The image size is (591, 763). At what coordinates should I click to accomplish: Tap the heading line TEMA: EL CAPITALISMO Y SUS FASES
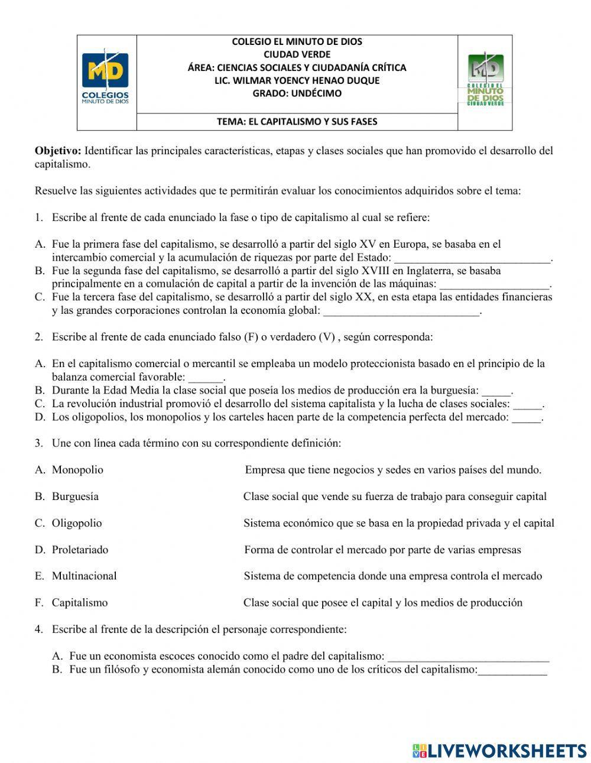297,122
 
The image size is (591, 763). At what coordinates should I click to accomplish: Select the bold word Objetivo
58,151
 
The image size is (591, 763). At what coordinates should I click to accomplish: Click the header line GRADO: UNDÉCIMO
297,93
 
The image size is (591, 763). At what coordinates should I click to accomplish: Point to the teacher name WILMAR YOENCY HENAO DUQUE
297,80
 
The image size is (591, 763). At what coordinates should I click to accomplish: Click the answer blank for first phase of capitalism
472,258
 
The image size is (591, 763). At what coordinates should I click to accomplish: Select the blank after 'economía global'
401,311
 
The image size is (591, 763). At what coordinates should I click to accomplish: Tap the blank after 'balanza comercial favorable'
206,378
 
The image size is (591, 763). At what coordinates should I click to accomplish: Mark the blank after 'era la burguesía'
496,391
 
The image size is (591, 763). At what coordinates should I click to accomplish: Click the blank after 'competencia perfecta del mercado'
526,418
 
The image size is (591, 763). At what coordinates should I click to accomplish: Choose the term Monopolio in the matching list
77,470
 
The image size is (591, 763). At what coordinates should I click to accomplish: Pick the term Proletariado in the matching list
80,550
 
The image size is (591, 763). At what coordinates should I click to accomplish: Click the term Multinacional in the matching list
84,576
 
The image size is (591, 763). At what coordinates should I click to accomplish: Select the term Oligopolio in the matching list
77,523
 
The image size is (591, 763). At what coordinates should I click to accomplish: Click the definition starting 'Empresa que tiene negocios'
393,470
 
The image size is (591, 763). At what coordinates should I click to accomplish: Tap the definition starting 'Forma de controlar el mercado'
382,550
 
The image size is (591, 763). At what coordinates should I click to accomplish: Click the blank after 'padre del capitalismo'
469,657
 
